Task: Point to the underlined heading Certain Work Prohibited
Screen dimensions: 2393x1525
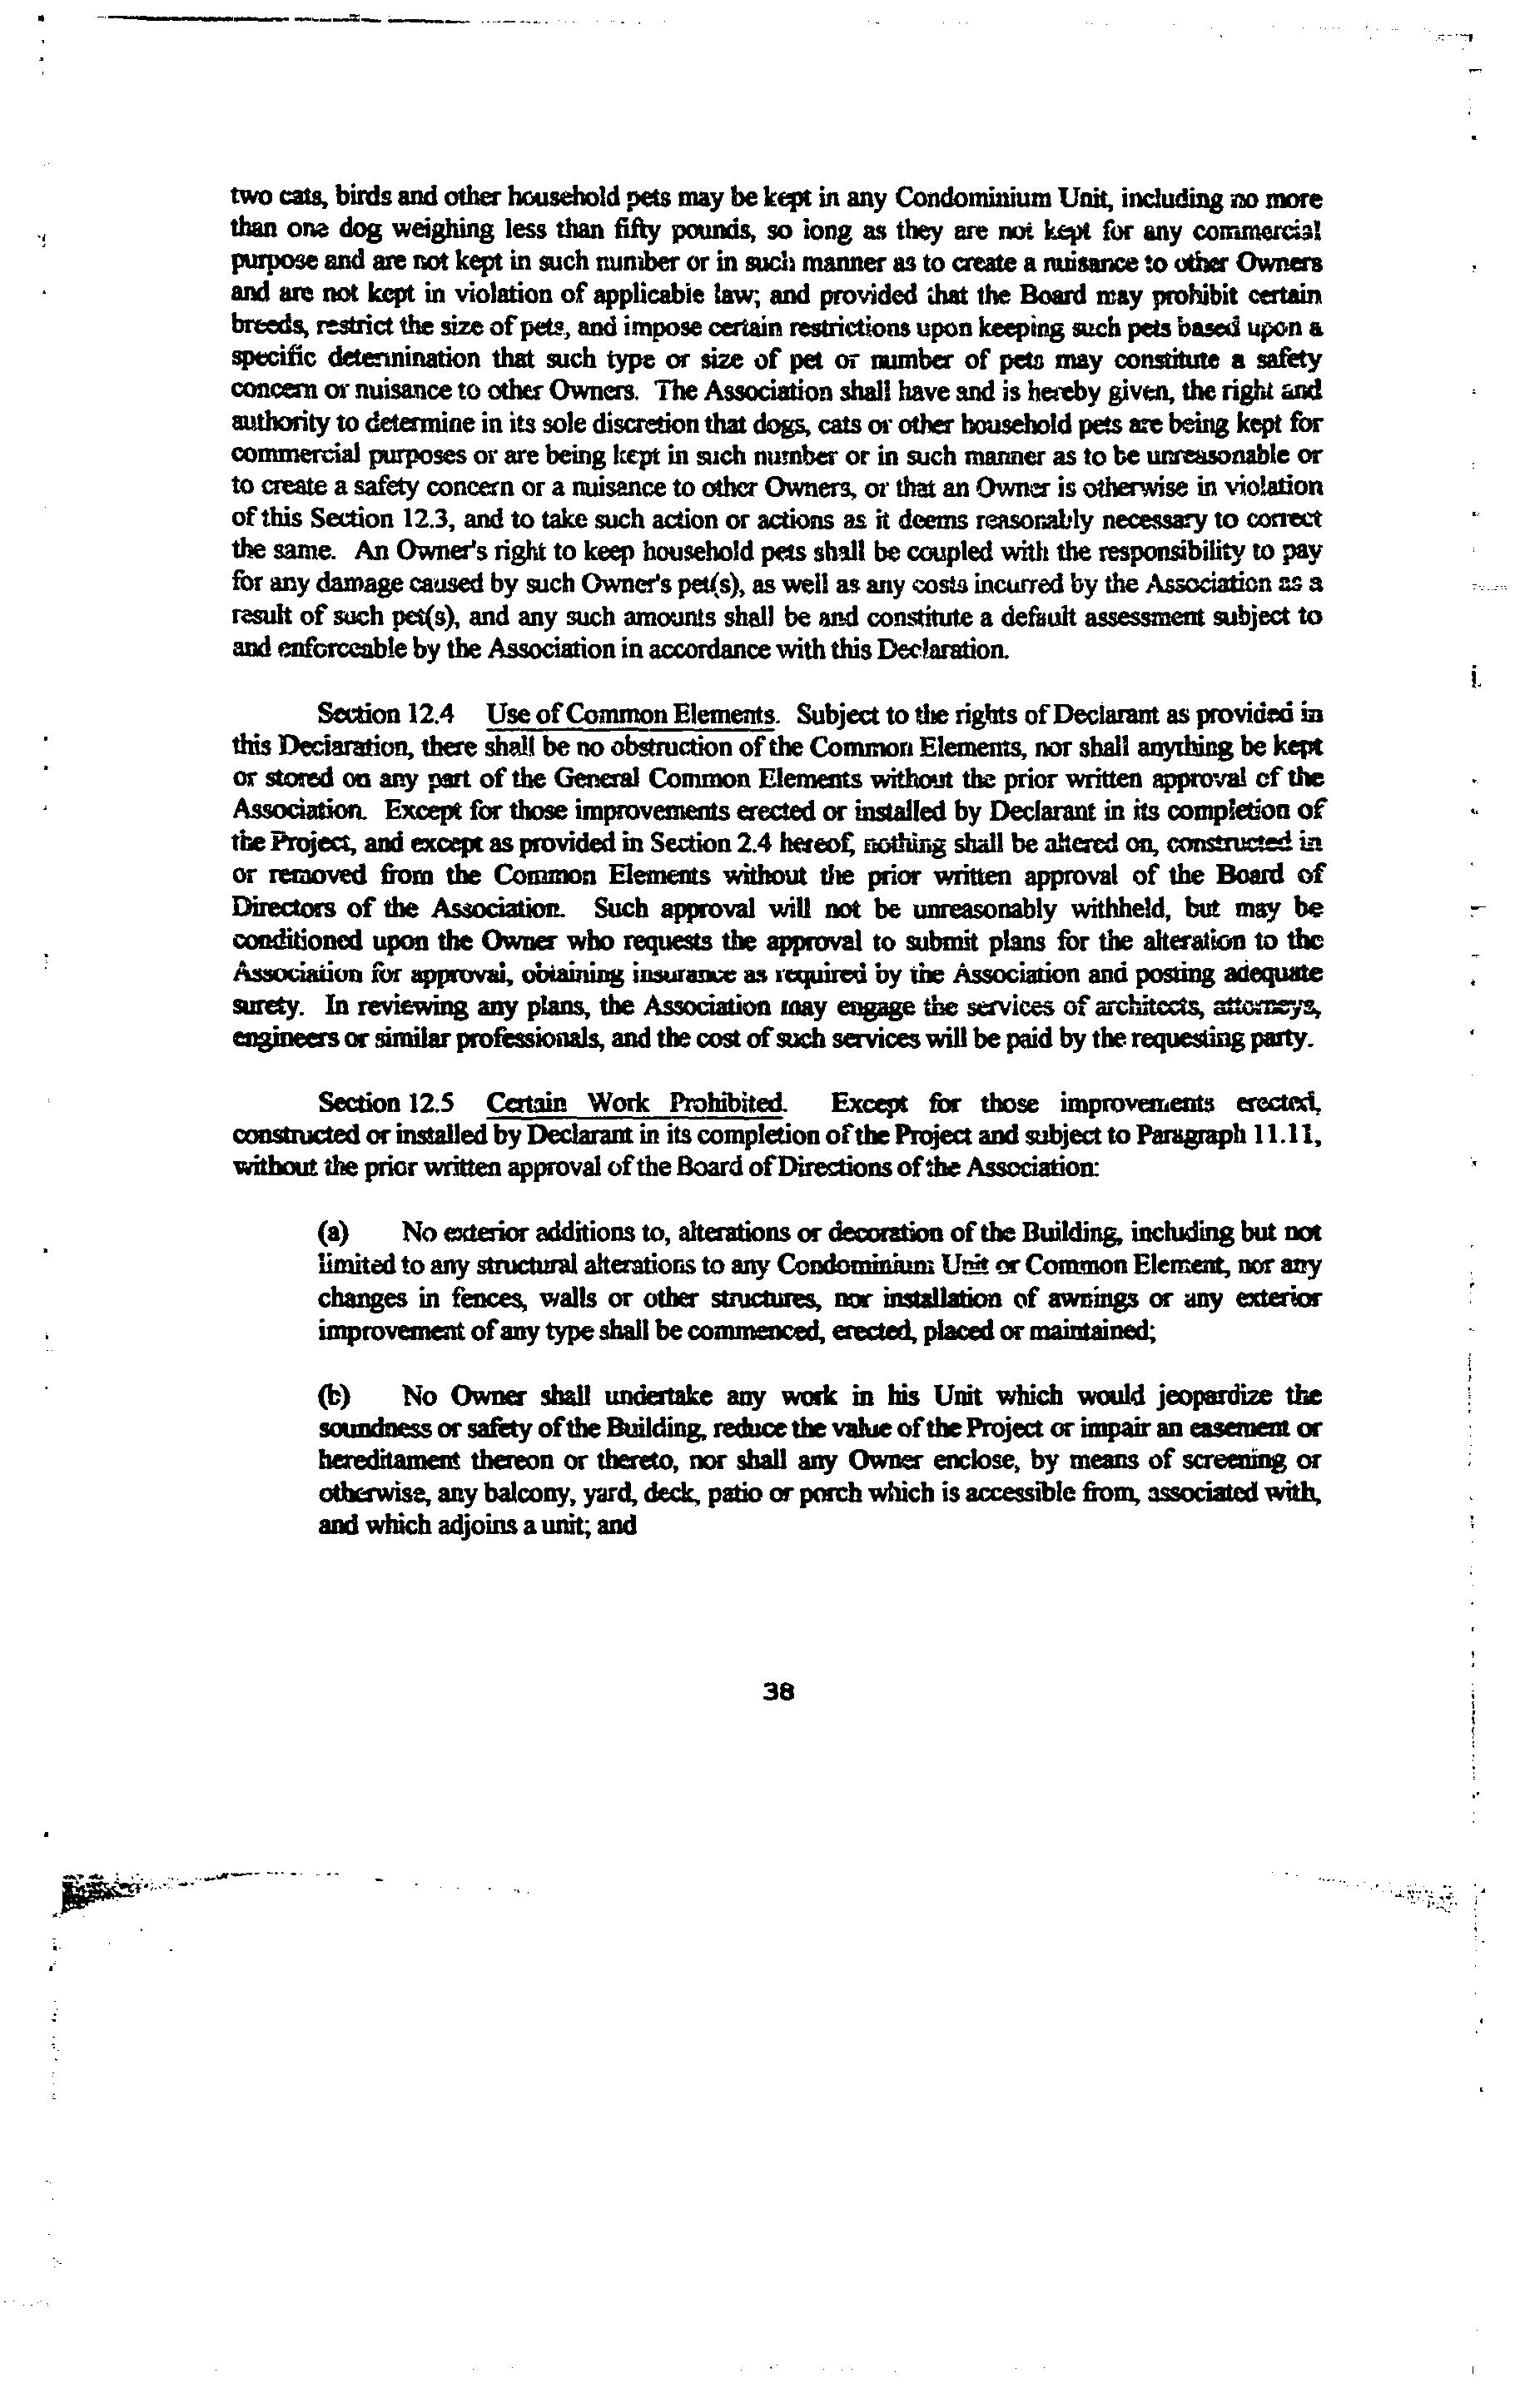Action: [x=638, y=1103]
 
